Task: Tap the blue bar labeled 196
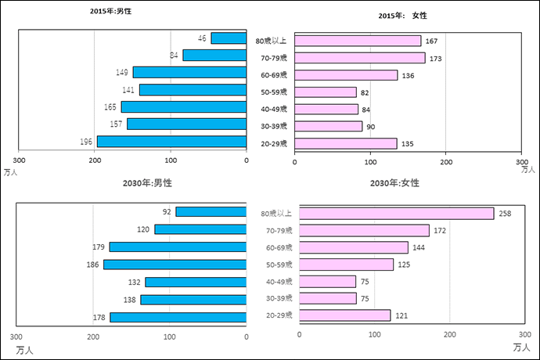171,142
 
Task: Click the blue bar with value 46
229,38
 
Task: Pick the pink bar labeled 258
397,214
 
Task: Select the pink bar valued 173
360,58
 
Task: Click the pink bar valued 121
345,315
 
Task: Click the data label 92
167,211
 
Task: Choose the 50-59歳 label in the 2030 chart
279,265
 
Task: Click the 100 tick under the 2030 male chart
170,337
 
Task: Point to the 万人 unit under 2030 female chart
521,346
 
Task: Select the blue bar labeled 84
214,56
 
